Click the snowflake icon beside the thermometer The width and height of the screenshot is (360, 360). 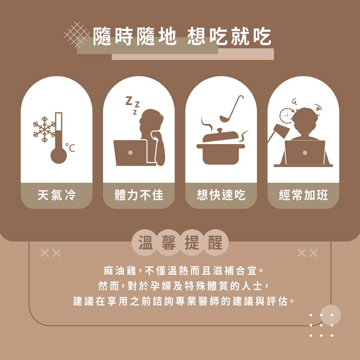coord(44,129)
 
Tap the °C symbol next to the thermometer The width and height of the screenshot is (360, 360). coord(70,148)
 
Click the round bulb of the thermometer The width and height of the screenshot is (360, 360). coord(58,156)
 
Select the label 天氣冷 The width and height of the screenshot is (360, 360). coord(57,195)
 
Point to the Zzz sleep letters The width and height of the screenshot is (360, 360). coord(133,105)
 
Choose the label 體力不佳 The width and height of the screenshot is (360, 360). coord(139,195)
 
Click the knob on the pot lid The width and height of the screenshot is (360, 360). coord(220,130)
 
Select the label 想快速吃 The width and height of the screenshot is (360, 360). coord(221,195)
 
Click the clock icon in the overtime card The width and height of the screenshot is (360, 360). coord(286,116)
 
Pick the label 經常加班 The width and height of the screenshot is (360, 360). coord(303,195)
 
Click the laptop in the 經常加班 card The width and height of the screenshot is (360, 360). coord(305,153)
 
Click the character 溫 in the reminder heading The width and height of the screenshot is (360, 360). coord(145,243)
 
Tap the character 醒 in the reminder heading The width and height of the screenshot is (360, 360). coord(215,243)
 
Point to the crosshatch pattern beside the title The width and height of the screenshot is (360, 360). coord(77,35)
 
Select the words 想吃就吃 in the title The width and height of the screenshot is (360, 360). coord(229,36)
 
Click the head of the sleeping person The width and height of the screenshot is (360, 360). coord(151,121)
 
